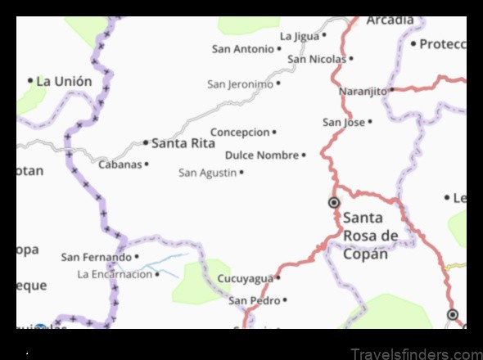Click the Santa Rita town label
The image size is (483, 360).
coord(183,142)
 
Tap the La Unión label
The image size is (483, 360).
coord(65,81)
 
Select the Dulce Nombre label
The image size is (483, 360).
coord(262,155)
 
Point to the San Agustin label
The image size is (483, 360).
coord(207,173)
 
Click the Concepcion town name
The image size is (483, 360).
coord(240,132)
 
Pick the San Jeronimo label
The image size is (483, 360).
coord(240,83)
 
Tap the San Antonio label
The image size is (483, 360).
coord(242,49)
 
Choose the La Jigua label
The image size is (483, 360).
coord(299,36)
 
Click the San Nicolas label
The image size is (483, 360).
coord(317,59)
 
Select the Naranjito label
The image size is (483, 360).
coord(363,91)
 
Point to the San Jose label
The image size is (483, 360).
coord(343,122)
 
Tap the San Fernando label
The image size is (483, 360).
coord(97,257)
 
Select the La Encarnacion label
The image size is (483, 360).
coord(115,274)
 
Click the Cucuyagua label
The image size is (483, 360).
coord(245,279)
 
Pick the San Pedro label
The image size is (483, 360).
coord(254,300)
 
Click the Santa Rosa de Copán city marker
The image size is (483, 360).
coord(334,202)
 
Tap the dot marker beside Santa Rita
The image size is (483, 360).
coord(146,142)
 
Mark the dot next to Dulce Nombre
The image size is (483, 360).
coord(304,155)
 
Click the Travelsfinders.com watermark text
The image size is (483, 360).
coord(416,353)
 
